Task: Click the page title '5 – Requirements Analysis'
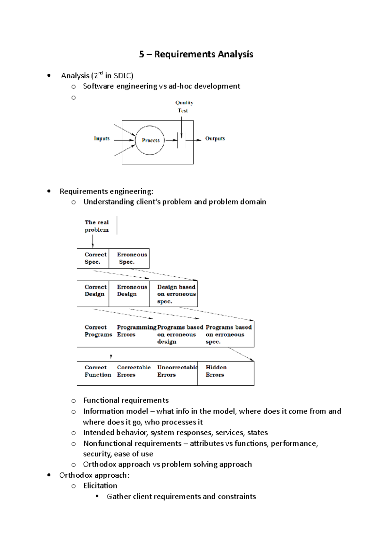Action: pos(196,54)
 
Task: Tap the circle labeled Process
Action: pos(150,140)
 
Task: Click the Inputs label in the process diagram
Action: pos(102,139)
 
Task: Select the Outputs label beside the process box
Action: pos(215,139)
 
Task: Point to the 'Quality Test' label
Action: pos(184,106)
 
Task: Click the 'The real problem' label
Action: pos(97,226)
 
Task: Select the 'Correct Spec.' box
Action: pos(93,258)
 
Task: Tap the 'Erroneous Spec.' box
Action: pos(129,258)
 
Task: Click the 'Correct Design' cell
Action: pos(93,290)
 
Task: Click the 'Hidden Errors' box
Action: pos(225,373)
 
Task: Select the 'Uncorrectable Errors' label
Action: pos(176,371)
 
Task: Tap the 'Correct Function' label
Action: pos(97,371)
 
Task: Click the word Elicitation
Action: pos(100,486)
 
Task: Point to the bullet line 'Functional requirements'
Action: pos(126,400)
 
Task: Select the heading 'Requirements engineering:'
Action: pos(106,191)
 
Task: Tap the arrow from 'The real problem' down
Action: pos(93,241)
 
